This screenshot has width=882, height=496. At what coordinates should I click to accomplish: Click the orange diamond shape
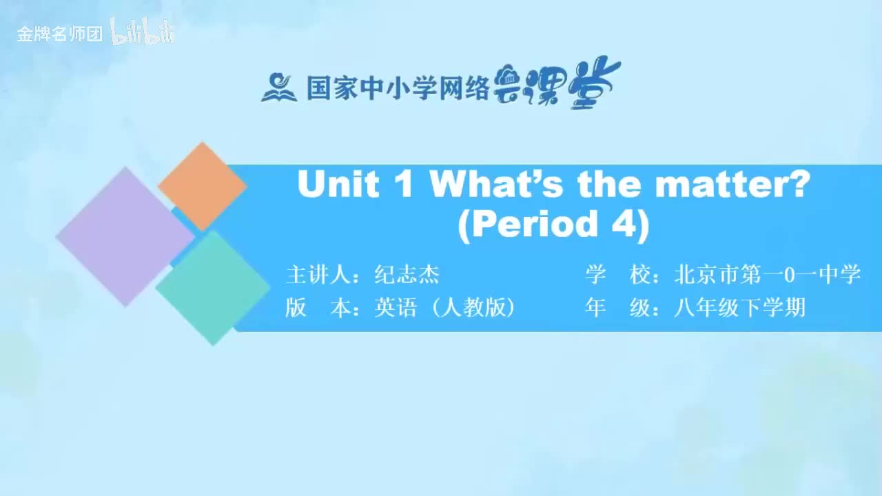pyautogui.click(x=202, y=186)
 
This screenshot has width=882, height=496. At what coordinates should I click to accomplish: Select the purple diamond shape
pyautogui.click(x=125, y=236)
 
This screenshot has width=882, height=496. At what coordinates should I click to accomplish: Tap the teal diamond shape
pyautogui.click(x=213, y=288)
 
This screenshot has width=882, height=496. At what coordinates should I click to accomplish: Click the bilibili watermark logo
pyautogui.click(x=143, y=33)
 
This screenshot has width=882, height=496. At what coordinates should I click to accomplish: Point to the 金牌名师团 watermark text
pyautogui.click(x=60, y=34)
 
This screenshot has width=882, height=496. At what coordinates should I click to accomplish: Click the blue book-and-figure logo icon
pyautogui.click(x=279, y=87)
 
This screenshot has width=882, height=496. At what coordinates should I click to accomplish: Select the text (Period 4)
pyautogui.click(x=553, y=225)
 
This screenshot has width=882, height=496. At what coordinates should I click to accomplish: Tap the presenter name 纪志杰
pyautogui.click(x=407, y=275)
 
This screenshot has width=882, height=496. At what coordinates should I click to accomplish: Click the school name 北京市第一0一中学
pyautogui.click(x=767, y=275)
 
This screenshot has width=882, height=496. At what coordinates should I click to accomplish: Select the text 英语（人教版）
pyautogui.click(x=445, y=308)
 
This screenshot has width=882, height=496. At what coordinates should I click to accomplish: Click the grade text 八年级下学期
pyautogui.click(x=739, y=308)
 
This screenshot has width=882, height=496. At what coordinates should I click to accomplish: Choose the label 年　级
pyautogui.click(x=616, y=308)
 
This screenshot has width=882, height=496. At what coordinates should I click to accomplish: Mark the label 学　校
pyautogui.click(x=616, y=275)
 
